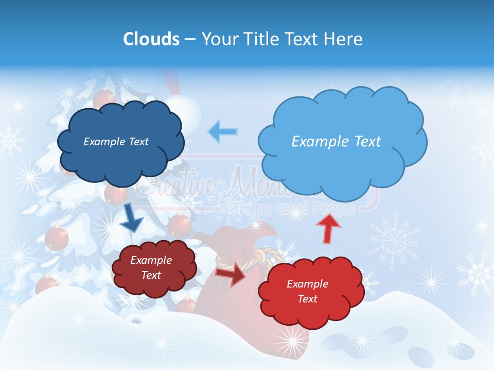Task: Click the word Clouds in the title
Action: [151, 39]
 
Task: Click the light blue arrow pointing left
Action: [223, 131]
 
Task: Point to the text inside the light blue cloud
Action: [336, 141]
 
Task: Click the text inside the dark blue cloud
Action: [116, 141]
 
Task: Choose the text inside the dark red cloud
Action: [151, 267]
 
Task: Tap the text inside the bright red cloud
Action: [307, 291]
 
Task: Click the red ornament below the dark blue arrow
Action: [57, 238]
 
